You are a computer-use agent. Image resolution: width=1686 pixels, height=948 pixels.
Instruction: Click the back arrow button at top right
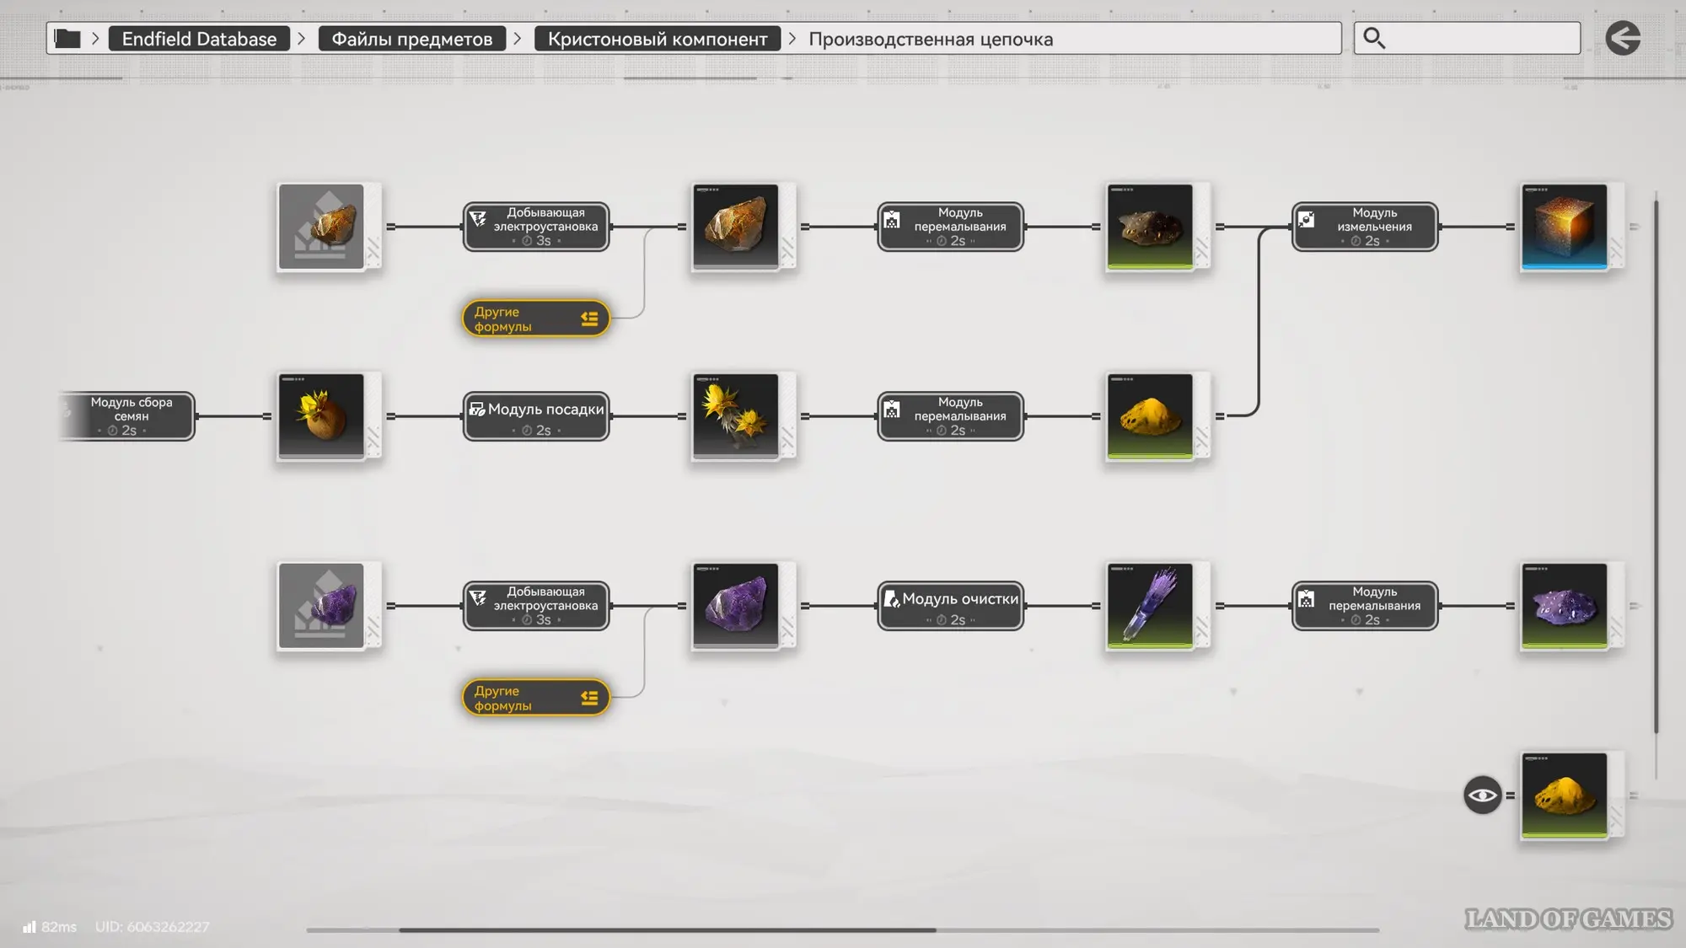1623,38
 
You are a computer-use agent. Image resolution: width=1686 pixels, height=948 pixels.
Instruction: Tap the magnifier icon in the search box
1374,38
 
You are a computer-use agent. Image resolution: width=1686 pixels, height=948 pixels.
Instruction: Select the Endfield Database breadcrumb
199,39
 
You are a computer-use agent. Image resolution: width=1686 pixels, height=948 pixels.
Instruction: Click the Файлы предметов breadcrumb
412,39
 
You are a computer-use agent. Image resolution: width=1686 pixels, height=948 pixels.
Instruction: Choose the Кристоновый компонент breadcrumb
658,39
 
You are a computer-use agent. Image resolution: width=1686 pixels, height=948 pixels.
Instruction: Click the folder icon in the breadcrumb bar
67,38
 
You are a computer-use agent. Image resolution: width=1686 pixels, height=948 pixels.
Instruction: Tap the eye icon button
1482,795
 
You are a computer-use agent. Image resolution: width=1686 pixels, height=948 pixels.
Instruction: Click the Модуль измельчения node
1365,227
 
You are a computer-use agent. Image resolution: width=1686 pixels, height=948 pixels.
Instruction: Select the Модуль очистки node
951,606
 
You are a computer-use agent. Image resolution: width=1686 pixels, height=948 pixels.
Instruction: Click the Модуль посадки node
536,416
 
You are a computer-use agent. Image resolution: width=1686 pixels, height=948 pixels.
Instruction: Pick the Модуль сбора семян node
128,416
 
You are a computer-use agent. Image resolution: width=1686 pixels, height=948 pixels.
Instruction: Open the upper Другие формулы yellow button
536,319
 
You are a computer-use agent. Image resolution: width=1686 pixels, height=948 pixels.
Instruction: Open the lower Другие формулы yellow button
536,698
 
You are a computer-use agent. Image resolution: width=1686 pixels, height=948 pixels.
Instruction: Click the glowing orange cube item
1565,227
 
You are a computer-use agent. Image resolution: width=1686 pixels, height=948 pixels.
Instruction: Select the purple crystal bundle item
1150,606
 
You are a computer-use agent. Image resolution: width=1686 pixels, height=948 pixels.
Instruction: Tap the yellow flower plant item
736,416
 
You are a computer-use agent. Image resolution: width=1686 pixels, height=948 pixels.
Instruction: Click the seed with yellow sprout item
321,416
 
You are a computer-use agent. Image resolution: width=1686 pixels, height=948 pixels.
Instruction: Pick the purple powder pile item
1565,606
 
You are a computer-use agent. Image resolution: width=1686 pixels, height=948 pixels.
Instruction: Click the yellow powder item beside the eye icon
1565,795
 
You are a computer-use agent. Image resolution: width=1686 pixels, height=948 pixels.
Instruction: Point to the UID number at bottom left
152,927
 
